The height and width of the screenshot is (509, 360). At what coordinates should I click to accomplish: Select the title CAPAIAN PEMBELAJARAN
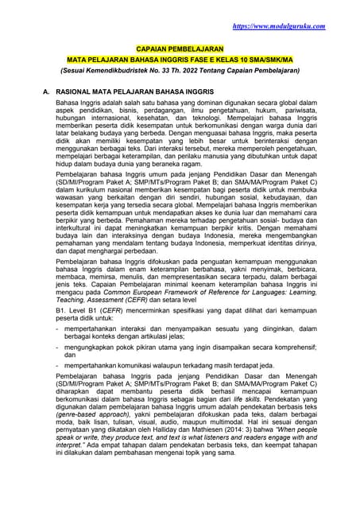[179, 49]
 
